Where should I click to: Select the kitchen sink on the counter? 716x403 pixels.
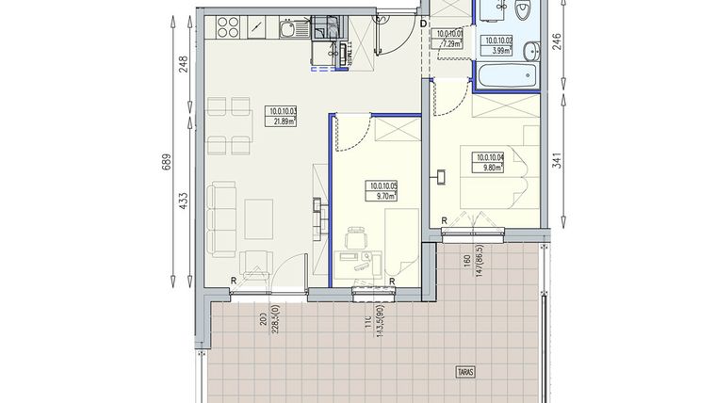point(286,29)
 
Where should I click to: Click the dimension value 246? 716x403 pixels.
point(557,43)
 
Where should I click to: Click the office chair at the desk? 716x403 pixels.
point(355,242)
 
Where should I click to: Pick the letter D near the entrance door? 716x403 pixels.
point(423,23)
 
